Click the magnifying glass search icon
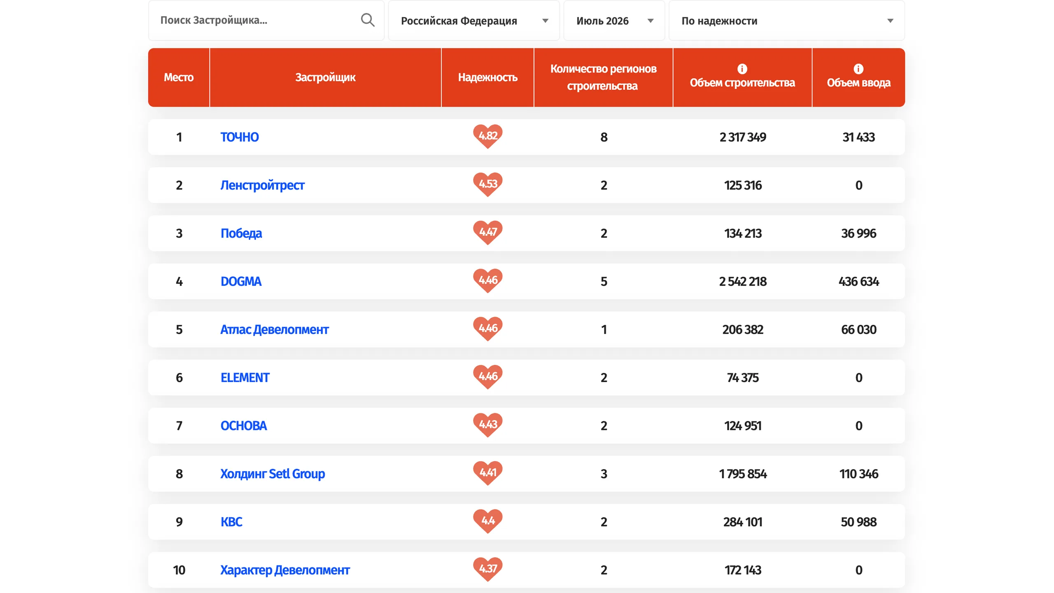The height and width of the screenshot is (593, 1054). [x=367, y=20]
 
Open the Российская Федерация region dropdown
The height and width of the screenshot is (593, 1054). [x=473, y=21]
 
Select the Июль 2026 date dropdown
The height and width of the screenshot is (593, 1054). [x=614, y=21]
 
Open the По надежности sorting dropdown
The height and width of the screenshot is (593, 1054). [x=786, y=21]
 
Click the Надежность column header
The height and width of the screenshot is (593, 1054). [x=487, y=77]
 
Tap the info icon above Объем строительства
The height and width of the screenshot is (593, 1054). [x=742, y=68]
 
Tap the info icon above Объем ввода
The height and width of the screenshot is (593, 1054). [x=858, y=68]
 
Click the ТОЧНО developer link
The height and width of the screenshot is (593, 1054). [x=240, y=137]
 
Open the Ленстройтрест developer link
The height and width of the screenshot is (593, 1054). [x=262, y=185]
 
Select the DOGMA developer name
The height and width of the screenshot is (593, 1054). [x=241, y=282]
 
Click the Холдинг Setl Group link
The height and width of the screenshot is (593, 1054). [x=273, y=474]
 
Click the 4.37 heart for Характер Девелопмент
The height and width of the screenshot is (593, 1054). [x=488, y=569]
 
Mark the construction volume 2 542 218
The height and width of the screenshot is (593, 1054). [x=743, y=282]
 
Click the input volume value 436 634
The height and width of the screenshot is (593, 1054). [x=858, y=282]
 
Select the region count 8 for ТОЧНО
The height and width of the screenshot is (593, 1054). [x=604, y=137]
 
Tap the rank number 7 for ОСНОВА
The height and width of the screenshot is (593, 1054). [x=179, y=426]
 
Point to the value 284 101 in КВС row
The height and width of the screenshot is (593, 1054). [x=743, y=522]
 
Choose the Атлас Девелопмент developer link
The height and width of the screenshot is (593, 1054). [x=275, y=330]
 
